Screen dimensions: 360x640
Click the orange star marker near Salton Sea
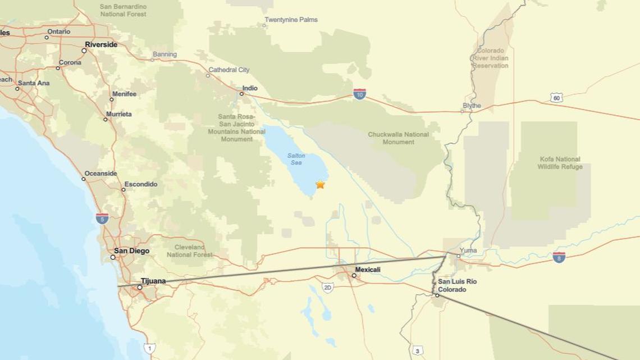[x=320, y=184]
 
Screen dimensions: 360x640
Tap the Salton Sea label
[x=296, y=159]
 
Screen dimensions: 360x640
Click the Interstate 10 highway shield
[x=360, y=94]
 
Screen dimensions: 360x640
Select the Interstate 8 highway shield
[x=559, y=257]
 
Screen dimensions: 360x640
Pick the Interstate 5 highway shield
[x=102, y=218]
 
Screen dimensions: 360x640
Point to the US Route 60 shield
[x=556, y=98]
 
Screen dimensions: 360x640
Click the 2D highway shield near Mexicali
[x=328, y=288]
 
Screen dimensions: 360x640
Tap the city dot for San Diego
[x=113, y=257]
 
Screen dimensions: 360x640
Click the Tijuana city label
[x=153, y=281]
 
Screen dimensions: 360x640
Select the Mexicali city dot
[x=354, y=275]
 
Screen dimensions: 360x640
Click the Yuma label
[x=468, y=250]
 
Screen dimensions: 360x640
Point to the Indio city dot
[x=242, y=94]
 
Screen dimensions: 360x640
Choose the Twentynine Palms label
[x=291, y=20]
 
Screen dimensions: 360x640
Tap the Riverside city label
[x=101, y=44]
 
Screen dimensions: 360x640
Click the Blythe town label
[x=472, y=106]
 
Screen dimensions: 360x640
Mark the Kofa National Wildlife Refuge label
[x=560, y=163]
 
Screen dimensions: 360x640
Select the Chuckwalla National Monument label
[x=398, y=138]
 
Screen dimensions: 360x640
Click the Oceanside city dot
[x=84, y=179]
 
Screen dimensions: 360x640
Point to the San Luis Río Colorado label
[x=457, y=285]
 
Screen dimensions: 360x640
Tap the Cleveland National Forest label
[x=190, y=251]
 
